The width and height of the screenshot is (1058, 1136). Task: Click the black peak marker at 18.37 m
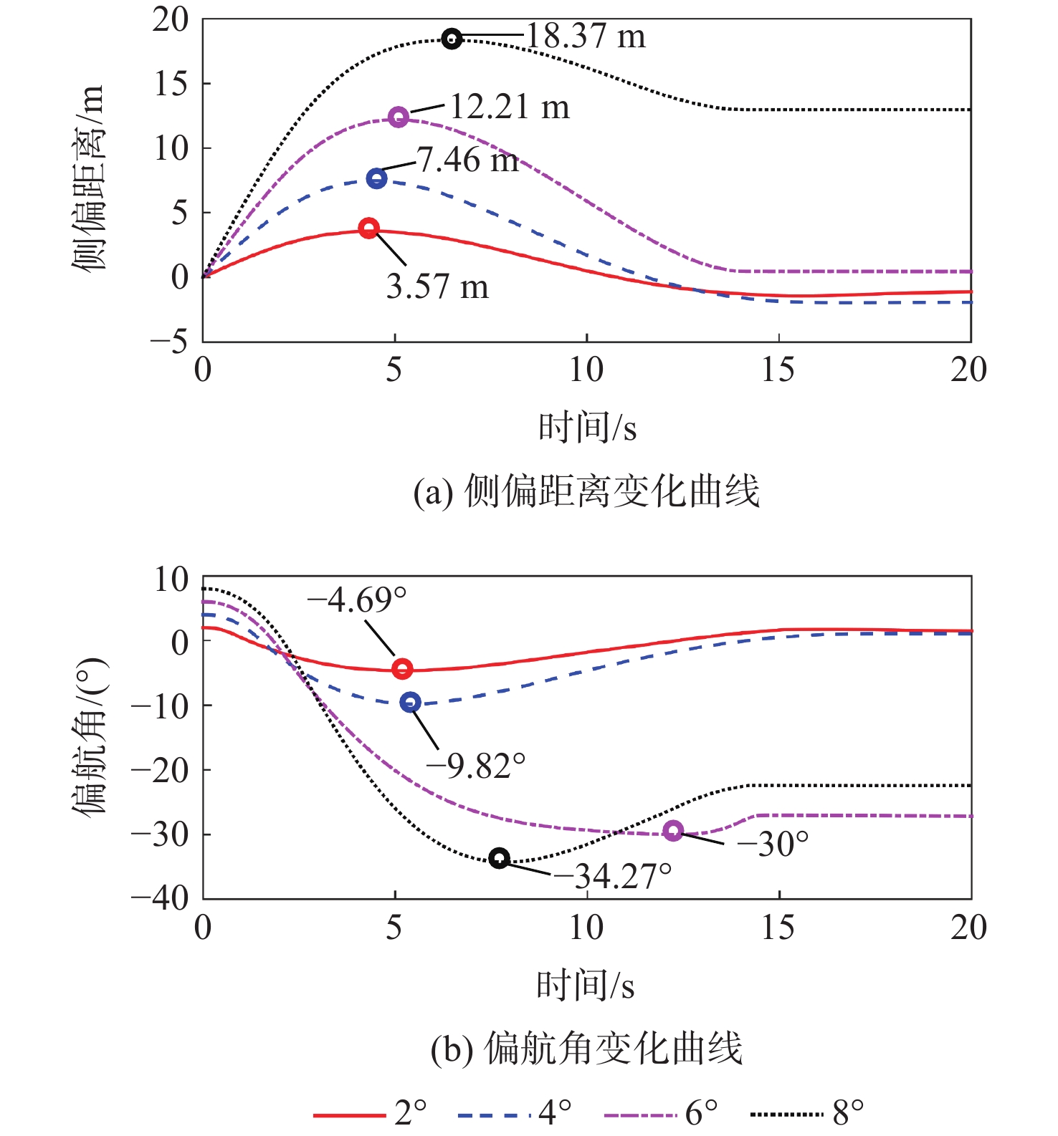coord(452,39)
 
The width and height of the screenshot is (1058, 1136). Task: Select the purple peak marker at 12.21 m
coord(399,117)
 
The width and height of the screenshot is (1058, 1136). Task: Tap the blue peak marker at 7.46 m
coord(376,178)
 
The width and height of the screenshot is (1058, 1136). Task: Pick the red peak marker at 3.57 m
coord(368,228)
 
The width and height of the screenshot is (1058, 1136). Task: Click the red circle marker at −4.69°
coord(402,669)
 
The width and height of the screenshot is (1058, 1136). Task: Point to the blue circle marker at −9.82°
coord(410,702)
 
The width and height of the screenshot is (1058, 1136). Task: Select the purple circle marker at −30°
coord(672,831)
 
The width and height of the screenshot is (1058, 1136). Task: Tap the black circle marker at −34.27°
coord(500,858)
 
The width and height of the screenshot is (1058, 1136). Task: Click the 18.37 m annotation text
coord(586,36)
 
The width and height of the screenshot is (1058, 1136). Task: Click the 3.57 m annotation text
coord(437,287)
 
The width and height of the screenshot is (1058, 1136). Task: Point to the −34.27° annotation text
coord(614,876)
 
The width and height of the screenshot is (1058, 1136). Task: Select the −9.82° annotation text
coord(476,766)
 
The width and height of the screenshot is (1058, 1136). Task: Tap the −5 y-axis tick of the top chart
coord(169,341)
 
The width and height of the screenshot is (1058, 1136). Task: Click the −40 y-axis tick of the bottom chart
coord(159,897)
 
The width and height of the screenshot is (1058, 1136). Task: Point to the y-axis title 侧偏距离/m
coord(89,177)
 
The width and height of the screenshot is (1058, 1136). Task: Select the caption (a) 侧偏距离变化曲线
coord(586,492)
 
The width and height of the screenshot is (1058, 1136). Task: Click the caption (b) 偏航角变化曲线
coord(586,1049)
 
